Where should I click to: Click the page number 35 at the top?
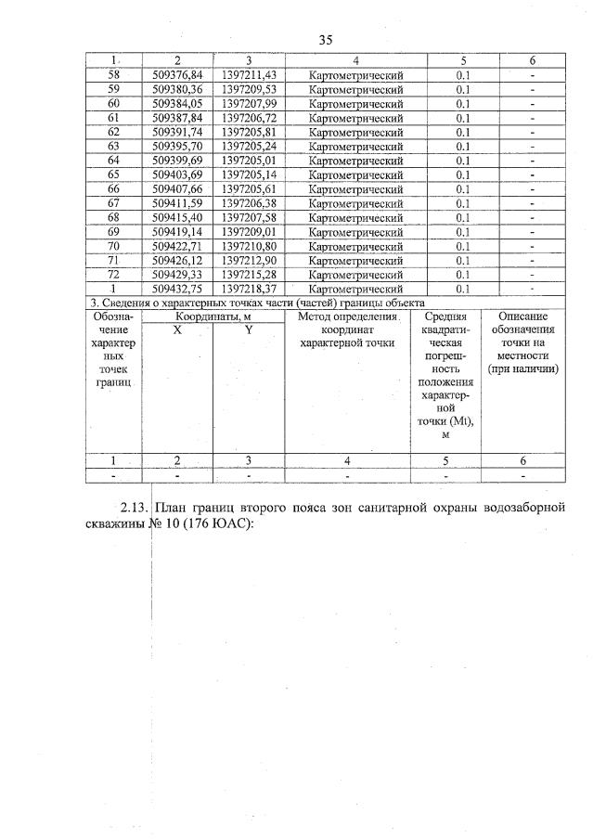[325, 40]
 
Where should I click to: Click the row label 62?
[113, 133]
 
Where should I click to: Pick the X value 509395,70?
[177, 147]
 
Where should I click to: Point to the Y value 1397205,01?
[250, 161]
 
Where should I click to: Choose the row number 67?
[113, 203]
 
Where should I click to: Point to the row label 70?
[113, 246]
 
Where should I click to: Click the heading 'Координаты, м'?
[213, 316]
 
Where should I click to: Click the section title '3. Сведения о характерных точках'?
[256, 303]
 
